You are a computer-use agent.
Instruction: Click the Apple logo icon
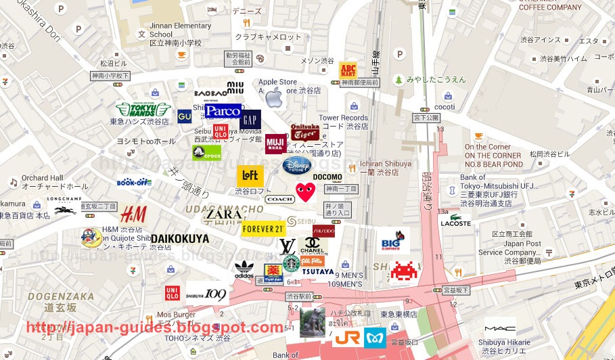coord(273,98)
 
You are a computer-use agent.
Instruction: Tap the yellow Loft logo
coord(250,176)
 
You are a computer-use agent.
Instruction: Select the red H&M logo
coord(133,215)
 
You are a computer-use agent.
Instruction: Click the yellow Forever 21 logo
coord(263,228)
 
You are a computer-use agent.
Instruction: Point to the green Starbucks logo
coord(291,263)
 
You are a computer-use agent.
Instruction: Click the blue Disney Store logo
coord(297,165)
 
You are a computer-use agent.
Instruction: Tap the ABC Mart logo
coord(348,70)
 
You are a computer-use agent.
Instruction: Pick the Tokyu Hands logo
coord(142,110)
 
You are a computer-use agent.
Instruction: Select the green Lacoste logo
coord(455,221)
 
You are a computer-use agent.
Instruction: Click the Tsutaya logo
coord(317,271)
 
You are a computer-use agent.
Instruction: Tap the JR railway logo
coord(346,337)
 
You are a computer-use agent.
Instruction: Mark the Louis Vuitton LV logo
coord(287,246)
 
